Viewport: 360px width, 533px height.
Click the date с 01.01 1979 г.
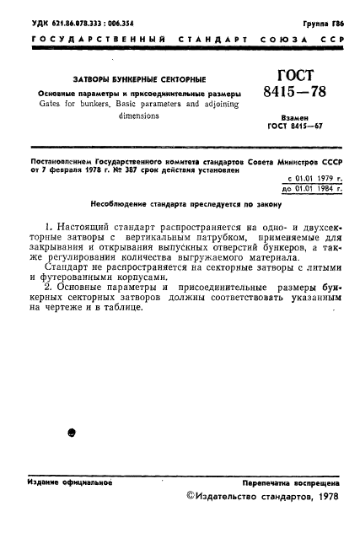(314, 178)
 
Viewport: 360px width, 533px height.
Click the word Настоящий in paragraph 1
(84, 228)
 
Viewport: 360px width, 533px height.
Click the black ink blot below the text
(72, 433)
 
